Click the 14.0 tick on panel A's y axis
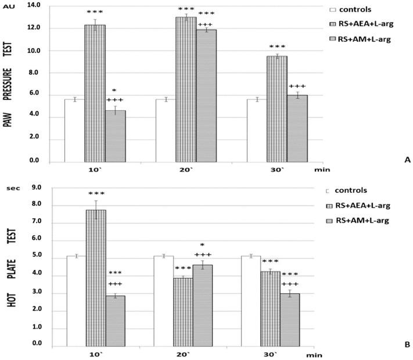(x=34, y=6)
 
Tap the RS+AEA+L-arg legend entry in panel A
(x=364, y=24)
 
